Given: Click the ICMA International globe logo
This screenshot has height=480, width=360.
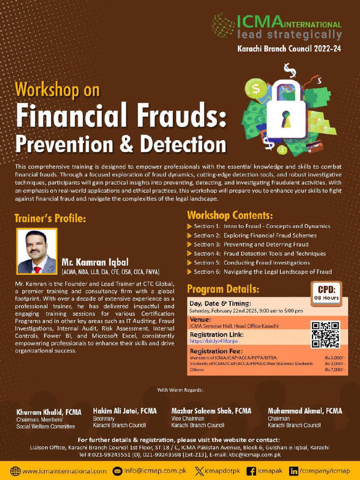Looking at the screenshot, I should coord(223,25).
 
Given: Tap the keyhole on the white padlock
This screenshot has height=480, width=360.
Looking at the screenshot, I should coord(285,120).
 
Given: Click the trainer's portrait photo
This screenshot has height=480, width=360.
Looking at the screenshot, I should coord(37,251).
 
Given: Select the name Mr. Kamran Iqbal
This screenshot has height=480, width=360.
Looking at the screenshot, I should coord(95,262).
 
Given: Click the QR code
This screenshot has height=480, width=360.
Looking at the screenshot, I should coord(325,334).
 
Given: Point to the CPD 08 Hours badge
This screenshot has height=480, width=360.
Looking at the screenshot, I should coord(326,292).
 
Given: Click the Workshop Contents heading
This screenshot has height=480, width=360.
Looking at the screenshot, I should coord(230,216).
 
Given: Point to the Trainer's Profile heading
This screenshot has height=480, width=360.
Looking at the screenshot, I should coord(50,218).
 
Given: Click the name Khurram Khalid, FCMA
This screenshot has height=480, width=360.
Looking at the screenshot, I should coord(49,412).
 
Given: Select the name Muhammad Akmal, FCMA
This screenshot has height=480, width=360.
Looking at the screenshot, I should coord(305,411).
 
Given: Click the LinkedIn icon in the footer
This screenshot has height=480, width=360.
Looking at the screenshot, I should coord(294,471).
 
